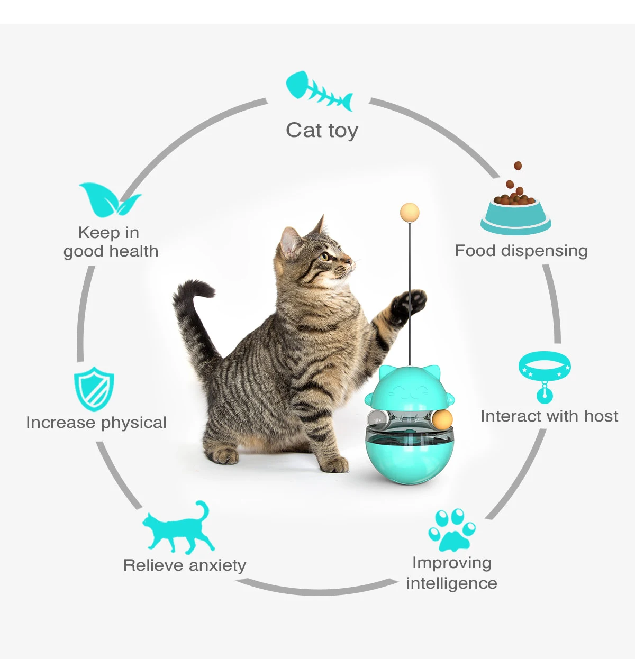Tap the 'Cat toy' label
[x=322, y=130]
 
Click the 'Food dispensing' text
[x=521, y=251]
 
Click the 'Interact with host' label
[x=549, y=416]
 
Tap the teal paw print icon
[x=452, y=529]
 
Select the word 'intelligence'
[x=451, y=583]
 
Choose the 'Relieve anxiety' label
[x=185, y=565]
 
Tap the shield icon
[x=94, y=389]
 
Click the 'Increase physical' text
[x=96, y=423]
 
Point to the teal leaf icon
[x=109, y=199]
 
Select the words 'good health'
[x=111, y=251]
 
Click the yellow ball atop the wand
[x=409, y=213]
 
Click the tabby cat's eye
[x=325, y=257]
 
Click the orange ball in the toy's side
[x=442, y=420]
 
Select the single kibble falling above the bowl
[x=518, y=166]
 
